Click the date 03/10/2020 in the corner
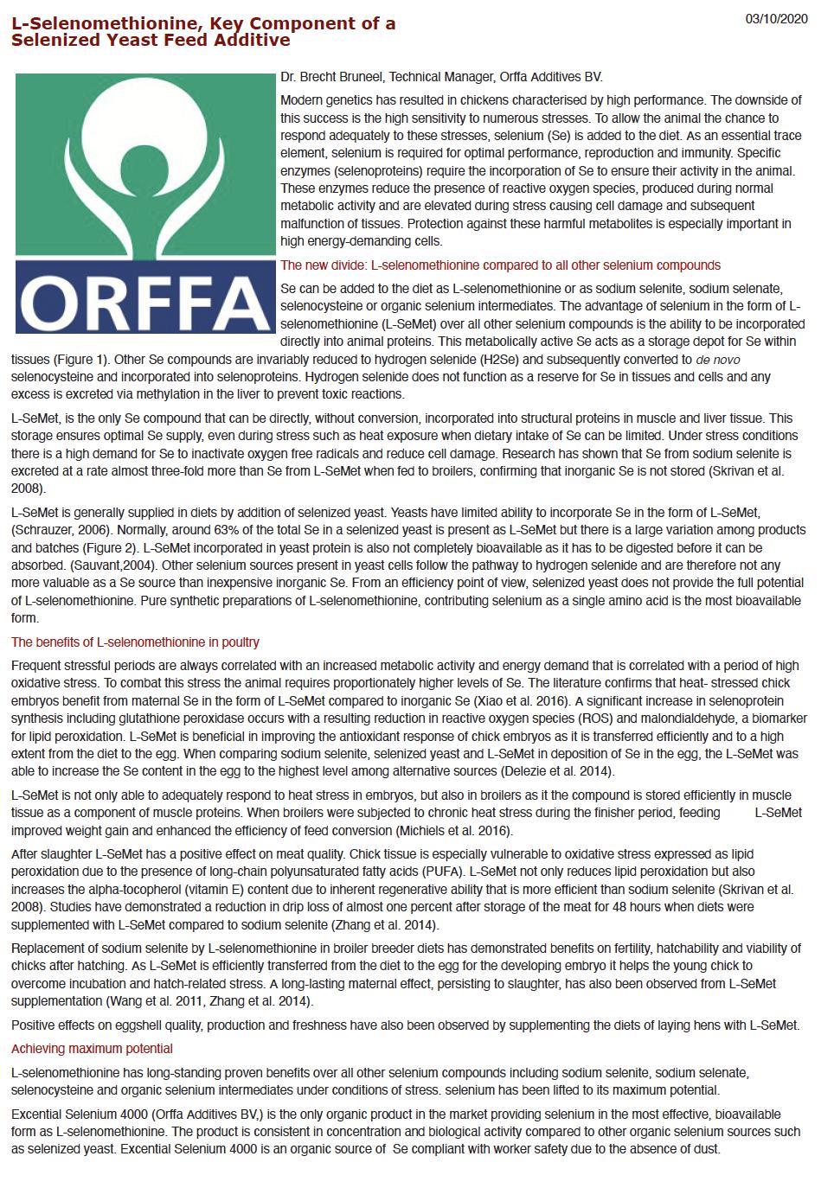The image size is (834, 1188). click(x=776, y=19)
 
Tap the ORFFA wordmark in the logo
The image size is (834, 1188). click(x=144, y=299)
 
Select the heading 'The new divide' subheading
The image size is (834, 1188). click(x=500, y=265)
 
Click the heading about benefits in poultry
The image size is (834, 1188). click(x=135, y=642)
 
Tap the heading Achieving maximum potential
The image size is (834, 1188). click(x=92, y=1049)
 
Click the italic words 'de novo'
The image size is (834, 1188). click(x=717, y=360)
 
